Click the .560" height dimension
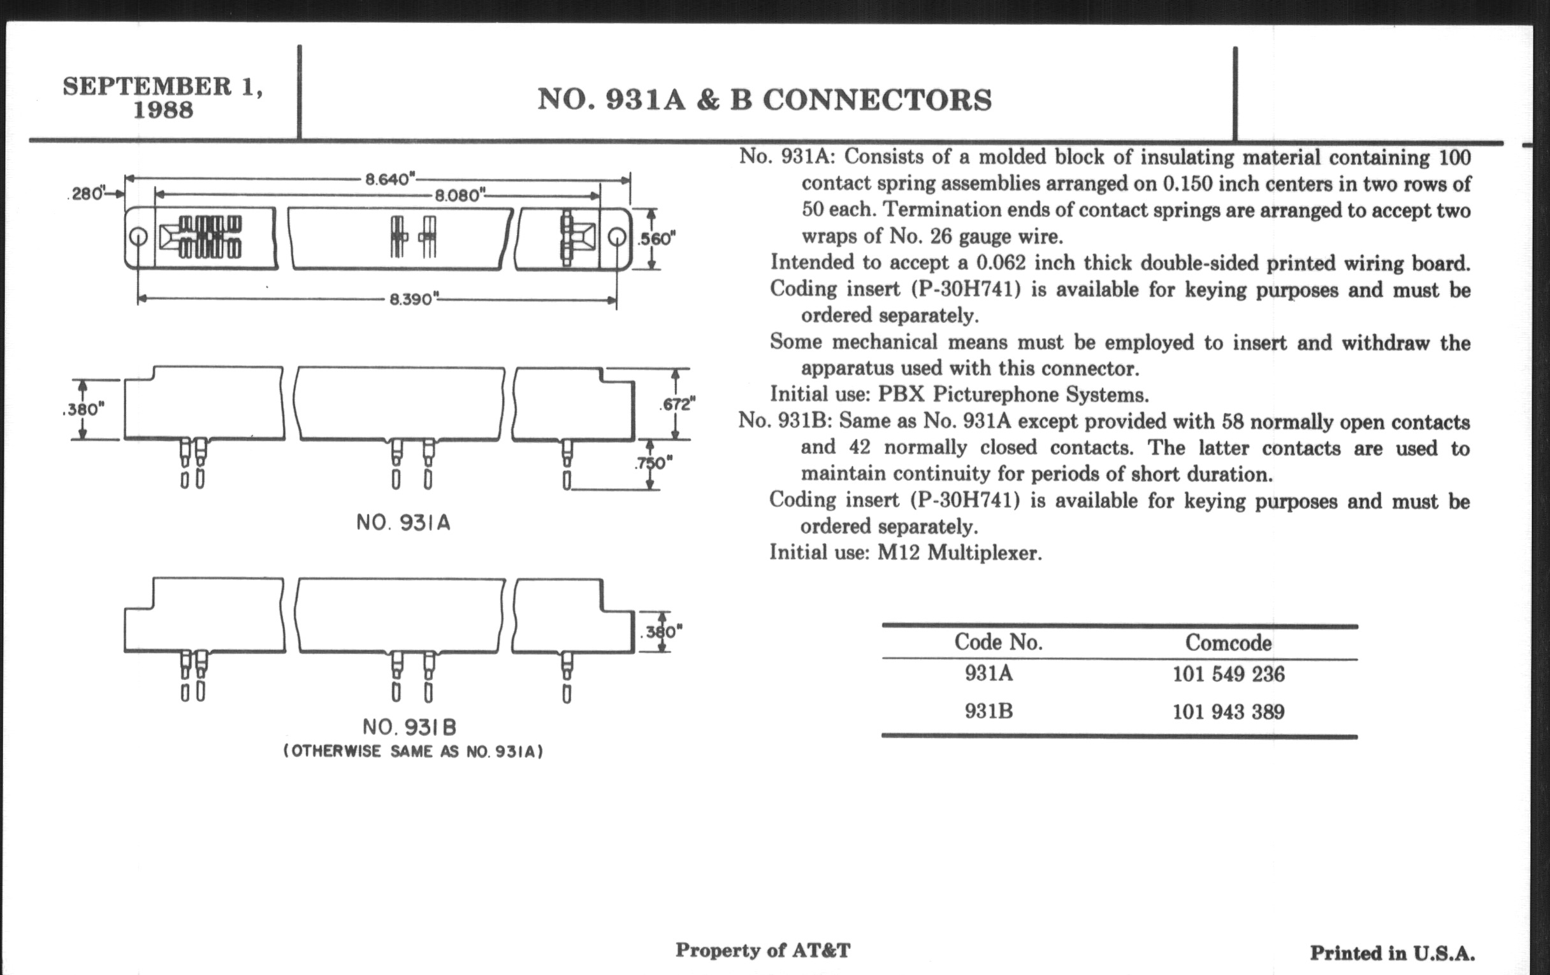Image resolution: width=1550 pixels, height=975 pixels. pos(656,239)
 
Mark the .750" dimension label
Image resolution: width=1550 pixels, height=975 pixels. pos(655,463)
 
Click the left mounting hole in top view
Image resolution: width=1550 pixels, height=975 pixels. pos(138,237)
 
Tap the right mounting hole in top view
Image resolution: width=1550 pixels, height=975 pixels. pos(617,237)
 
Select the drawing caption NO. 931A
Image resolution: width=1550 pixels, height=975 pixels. pos(403,523)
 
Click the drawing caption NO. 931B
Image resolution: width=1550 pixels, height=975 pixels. pos(409,727)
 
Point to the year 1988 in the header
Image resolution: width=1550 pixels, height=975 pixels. pos(163,110)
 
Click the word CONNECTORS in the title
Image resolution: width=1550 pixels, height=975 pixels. pos(878,100)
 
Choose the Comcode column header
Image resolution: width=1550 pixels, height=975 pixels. pos(1228,642)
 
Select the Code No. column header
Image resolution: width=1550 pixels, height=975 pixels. pos(997,642)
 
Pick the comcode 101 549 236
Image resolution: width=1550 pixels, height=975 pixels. pos(1228,674)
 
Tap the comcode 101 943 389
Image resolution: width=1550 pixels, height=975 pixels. pos(1228,712)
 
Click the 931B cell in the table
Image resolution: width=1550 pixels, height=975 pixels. pos(989,711)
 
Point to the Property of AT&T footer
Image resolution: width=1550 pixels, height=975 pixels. pos(763,950)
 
